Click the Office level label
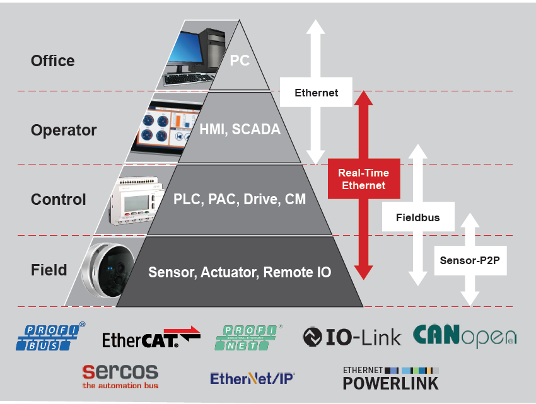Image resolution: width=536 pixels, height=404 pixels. click(x=52, y=61)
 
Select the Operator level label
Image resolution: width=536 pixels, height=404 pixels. click(x=64, y=130)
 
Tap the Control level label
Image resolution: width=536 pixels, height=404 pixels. click(x=58, y=200)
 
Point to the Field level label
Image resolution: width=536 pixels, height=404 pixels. click(x=49, y=270)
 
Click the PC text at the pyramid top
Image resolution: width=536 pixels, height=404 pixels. click(x=240, y=61)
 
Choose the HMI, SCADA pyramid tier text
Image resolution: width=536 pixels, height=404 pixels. click(x=240, y=129)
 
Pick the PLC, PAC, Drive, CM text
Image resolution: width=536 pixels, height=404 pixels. click(x=240, y=200)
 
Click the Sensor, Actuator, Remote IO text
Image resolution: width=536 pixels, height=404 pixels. click(x=240, y=272)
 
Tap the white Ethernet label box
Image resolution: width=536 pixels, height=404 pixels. click(x=317, y=93)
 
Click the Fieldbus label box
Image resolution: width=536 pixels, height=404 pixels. click(x=417, y=218)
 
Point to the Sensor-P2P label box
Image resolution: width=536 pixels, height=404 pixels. click(x=469, y=260)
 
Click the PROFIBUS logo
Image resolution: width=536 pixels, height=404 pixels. click(x=50, y=337)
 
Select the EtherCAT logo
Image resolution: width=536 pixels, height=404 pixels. click(x=151, y=338)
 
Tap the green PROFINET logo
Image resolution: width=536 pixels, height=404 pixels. click(x=250, y=337)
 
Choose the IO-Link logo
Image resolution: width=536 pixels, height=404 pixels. click(x=351, y=337)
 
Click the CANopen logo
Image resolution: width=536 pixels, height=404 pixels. click(x=464, y=336)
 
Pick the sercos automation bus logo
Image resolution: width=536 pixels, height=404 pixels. click(x=120, y=376)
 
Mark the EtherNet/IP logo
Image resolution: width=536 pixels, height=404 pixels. click(x=252, y=378)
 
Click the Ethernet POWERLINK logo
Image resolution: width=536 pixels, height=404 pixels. click(x=390, y=377)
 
